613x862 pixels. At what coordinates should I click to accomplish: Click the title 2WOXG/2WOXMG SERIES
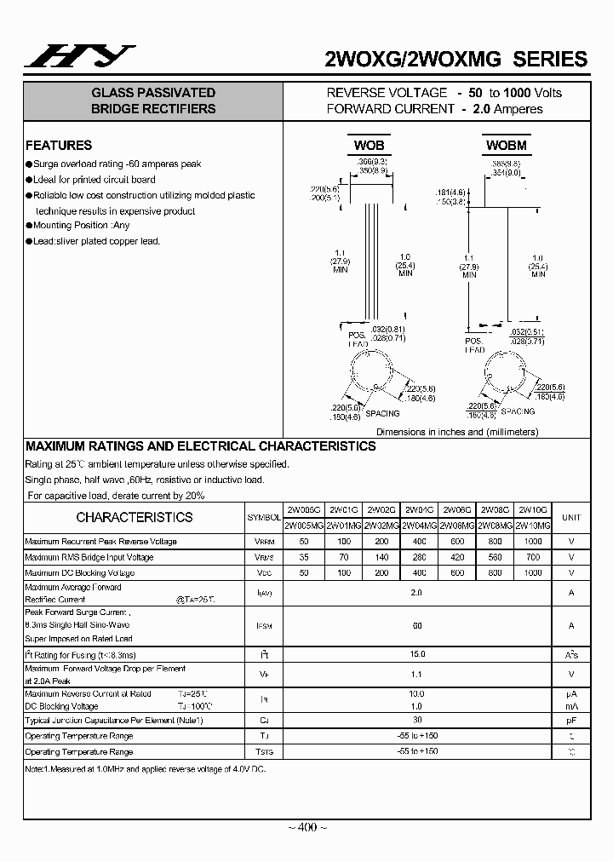click(x=456, y=59)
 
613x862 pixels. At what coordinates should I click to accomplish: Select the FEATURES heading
click(x=59, y=146)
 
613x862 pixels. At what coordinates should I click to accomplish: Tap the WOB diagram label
click(x=370, y=146)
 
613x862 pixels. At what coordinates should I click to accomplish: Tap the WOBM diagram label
click(x=506, y=146)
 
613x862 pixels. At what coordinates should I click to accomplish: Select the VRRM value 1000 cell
click(x=533, y=542)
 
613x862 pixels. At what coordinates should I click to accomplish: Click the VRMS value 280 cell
click(x=418, y=557)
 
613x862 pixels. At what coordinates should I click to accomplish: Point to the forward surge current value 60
click(x=417, y=625)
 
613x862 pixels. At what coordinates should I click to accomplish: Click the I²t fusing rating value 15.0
click(x=417, y=655)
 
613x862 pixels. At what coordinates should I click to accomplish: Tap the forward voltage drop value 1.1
click(x=417, y=675)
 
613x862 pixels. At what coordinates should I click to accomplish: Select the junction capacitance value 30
click(x=417, y=721)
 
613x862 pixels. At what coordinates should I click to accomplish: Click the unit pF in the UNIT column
click(x=571, y=721)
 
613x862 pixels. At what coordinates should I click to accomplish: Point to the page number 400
click(x=306, y=827)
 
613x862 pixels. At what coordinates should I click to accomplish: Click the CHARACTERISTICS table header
click(x=135, y=518)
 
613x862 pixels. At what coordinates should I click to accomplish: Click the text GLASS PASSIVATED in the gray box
click(x=153, y=93)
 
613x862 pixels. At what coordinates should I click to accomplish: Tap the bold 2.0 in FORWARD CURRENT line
click(x=482, y=109)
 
